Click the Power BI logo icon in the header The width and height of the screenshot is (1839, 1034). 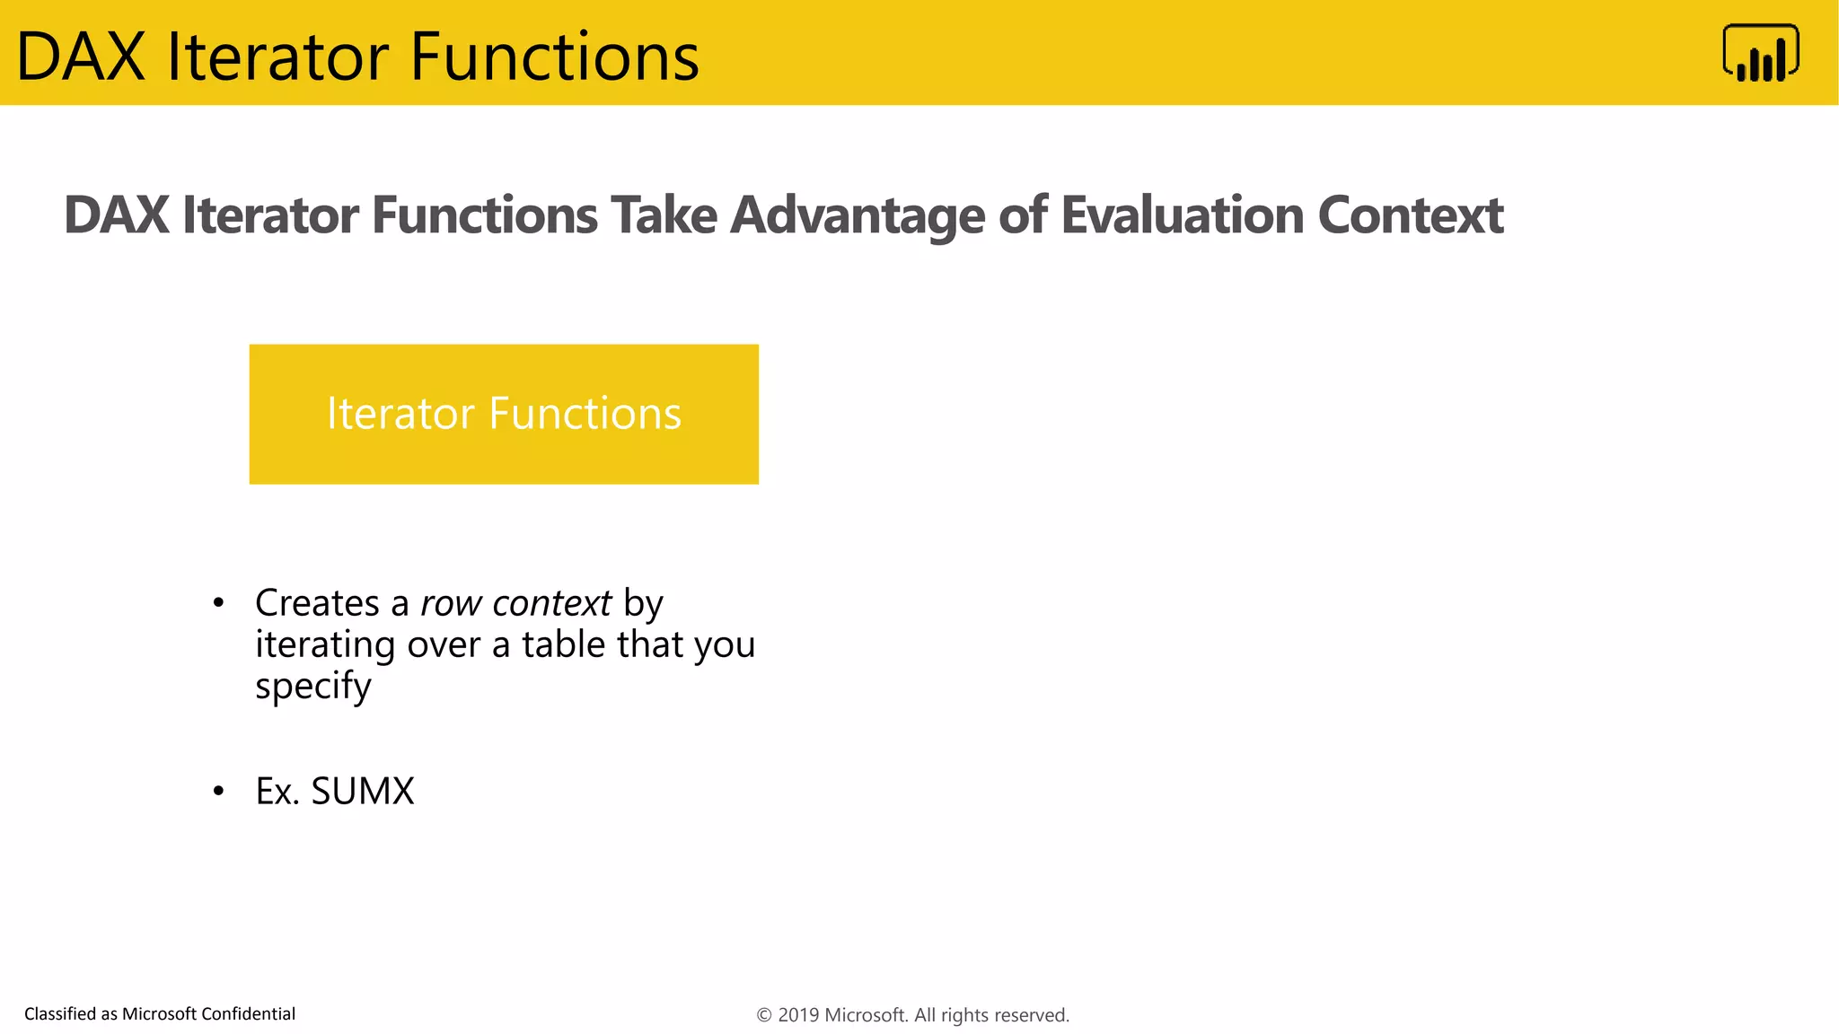(x=1760, y=53)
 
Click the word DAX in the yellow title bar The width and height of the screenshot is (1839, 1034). (x=81, y=57)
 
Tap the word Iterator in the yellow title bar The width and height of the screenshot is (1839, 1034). (x=279, y=57)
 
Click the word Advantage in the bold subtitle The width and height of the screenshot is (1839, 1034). (x=857, y=215)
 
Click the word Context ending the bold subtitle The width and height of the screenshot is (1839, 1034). (x=1410, y=215)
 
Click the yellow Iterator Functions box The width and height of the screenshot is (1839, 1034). (x=504, y=414)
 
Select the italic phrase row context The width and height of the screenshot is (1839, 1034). (x=515, y=603)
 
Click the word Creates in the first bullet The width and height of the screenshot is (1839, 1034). (x=317, y=603)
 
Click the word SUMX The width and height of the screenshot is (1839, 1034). (x=362, y=792)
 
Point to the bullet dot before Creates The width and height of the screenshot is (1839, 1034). (x=218, y=603)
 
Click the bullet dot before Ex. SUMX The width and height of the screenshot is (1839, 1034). (x=218, y=792)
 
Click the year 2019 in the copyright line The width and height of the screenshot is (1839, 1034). (x=798, y=1015)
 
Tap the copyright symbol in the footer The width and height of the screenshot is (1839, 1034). (x=764, y=1015)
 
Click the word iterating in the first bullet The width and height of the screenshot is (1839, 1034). (x=325, y=644)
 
